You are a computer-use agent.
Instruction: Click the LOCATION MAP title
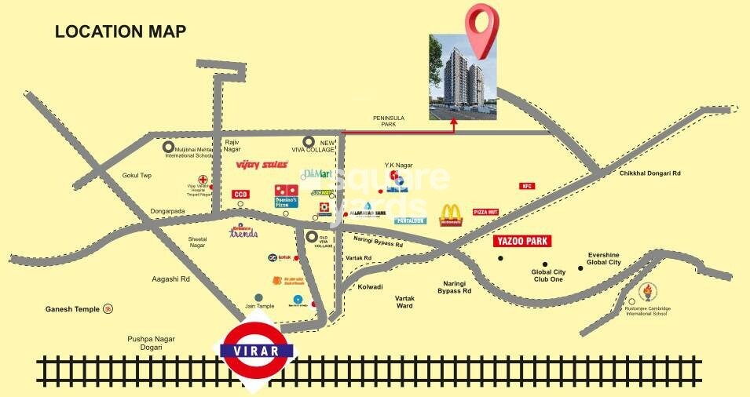(120, 32)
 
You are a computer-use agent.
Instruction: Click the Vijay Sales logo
(262, 165)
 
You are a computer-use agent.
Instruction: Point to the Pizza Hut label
(486, 212)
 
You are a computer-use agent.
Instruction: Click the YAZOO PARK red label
(521, 242)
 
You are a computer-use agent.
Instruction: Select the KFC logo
(526, 186)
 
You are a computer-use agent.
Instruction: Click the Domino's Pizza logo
(287, 196)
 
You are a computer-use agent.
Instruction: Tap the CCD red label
(240, 194)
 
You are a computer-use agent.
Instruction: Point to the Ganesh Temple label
(72, 309)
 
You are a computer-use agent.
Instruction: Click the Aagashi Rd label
(171, 279)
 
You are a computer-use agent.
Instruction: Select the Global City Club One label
(547, 276)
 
